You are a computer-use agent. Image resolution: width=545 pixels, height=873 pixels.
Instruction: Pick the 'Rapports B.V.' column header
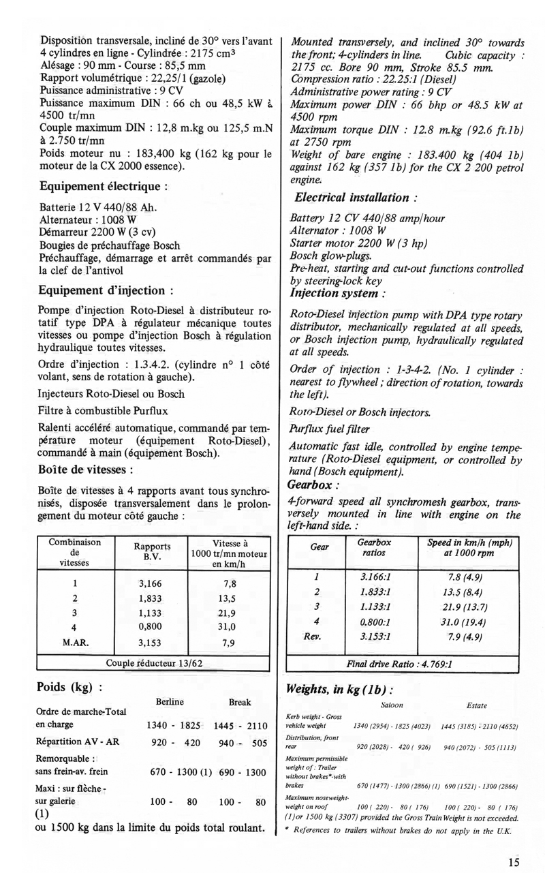[x=151, y=551]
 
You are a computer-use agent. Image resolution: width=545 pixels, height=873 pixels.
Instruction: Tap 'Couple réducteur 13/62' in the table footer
[x=154, y=662]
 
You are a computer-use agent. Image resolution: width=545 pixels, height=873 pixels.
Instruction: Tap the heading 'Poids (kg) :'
[x=69, y=686]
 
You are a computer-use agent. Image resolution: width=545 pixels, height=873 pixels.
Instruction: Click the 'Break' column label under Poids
[x=239, y=702]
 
